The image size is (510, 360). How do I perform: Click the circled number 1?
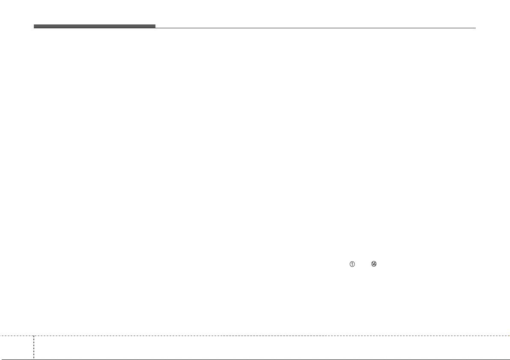tap(352, 264)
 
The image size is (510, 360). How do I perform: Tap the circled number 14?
tap(374, 264)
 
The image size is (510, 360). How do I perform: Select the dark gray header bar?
tap(95, 27)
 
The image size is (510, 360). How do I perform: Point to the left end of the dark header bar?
tap(34, 27)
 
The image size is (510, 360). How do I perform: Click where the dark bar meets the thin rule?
tap(155, 28)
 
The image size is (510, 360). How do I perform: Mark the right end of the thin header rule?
tap(475, 28)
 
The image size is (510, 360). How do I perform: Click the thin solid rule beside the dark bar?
tap(316, 28)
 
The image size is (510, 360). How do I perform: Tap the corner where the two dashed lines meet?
tap(34, 336)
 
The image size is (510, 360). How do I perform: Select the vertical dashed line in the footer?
tap(34, 347)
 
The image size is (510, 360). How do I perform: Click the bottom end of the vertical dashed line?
tap(34, 359)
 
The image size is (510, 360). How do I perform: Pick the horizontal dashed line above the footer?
tap(255, 336)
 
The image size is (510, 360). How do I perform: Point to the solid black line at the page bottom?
tap(255, 359)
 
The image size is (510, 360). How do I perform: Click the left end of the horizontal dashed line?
tap(0, 336)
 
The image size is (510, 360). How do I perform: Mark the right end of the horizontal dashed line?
tap(510, 336)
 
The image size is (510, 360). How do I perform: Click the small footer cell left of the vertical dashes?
tap(17, 347)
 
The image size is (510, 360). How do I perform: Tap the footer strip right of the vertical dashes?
tap(272, 347)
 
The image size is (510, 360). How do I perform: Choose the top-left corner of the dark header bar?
tap(34, 24)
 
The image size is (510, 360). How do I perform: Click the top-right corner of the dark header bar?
tap(155, 24)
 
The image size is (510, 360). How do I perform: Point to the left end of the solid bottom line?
tap(0, 359)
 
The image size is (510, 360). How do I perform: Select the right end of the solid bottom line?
tap(510, 359)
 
